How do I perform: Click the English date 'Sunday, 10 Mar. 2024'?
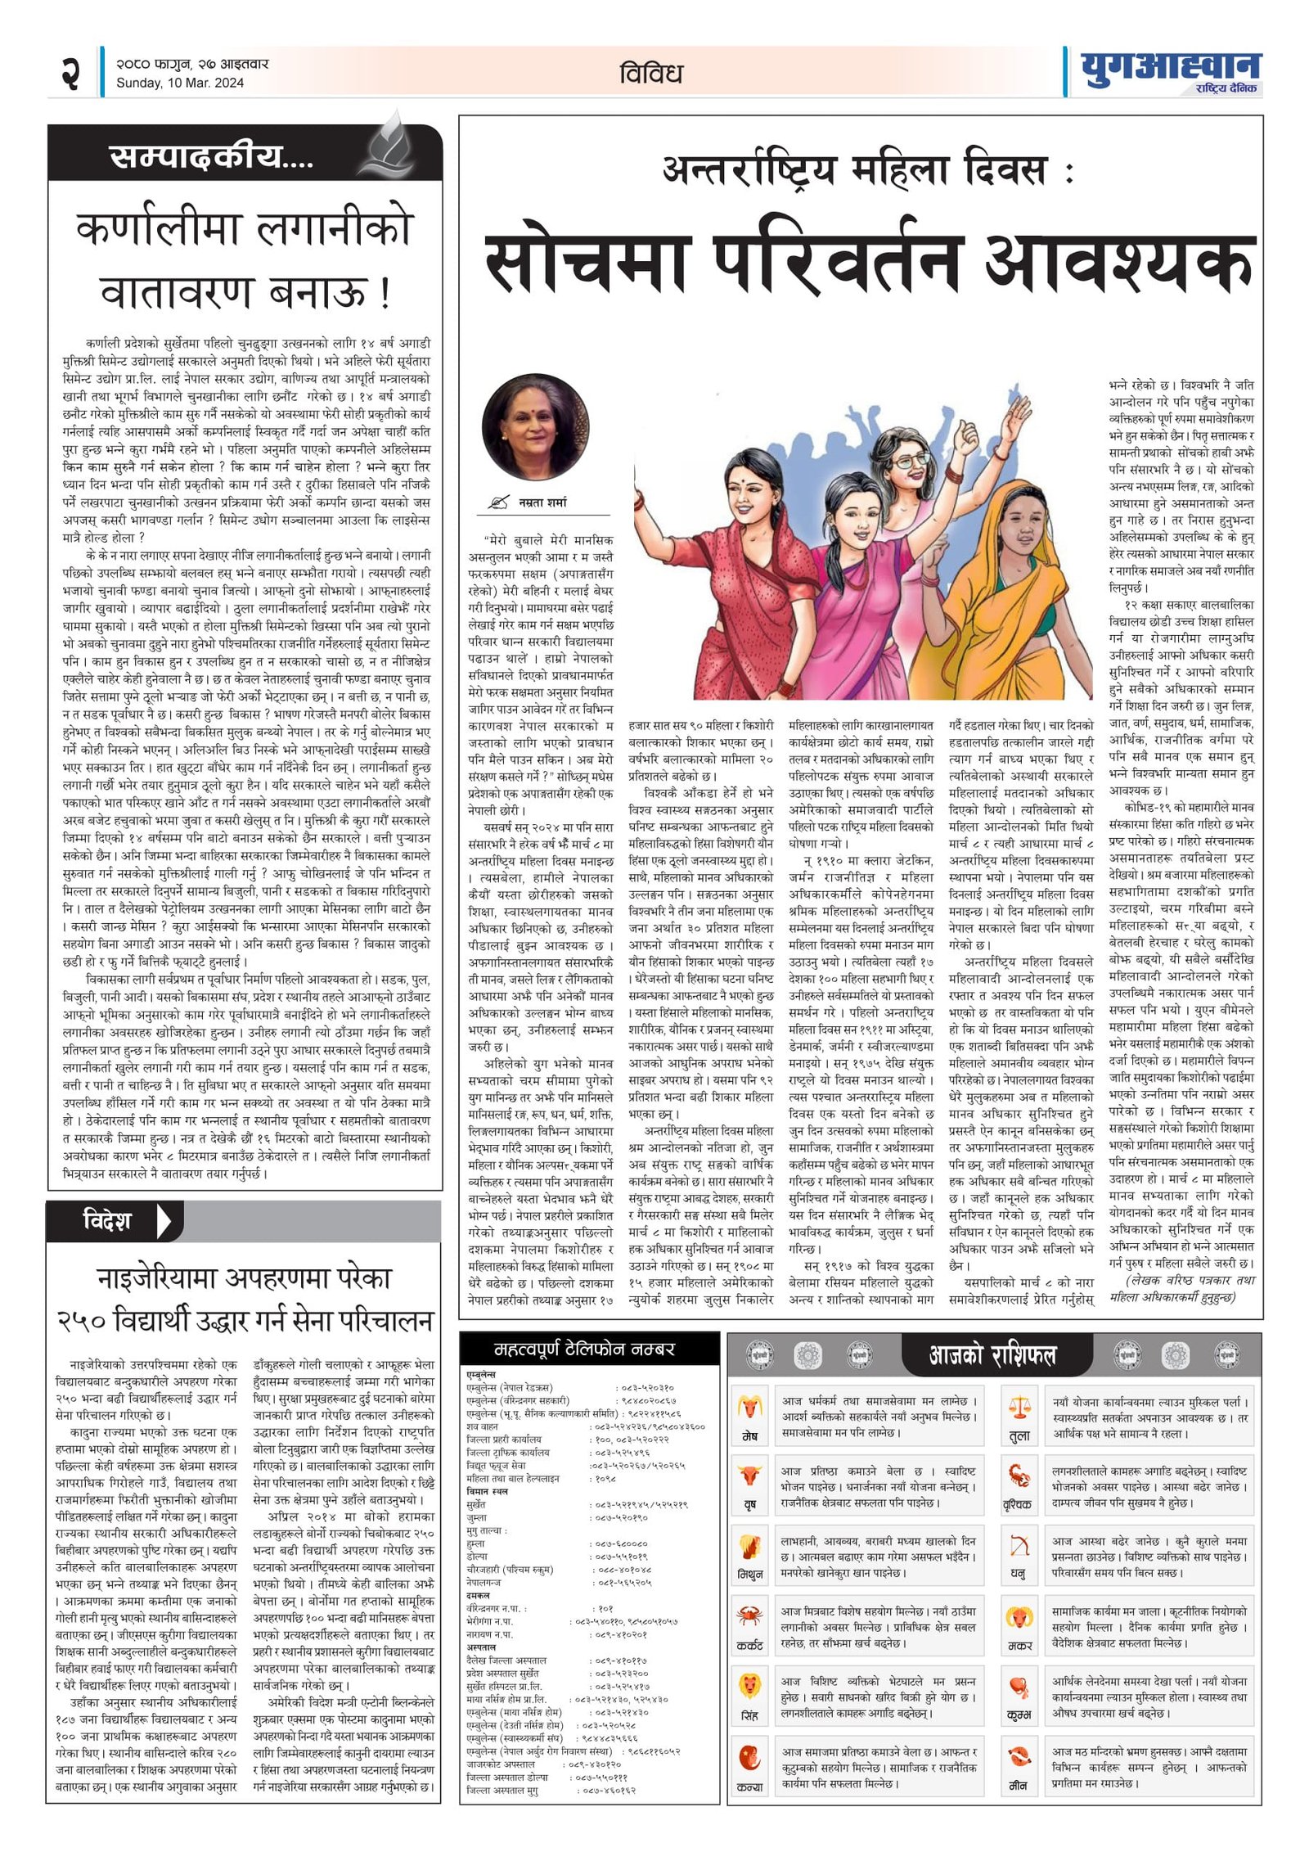[x=180, y=83]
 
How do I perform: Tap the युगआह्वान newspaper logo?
[x=1170, y=69]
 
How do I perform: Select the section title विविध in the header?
[x=650, y=74]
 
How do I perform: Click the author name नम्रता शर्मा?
[x=542, y=502]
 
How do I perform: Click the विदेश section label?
[x=106, y=1222]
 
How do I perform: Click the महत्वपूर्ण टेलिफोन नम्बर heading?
[x=585, y=1350]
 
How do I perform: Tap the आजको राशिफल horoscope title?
[x=992, y=1357]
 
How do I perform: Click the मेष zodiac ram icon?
[x=749, y=1408]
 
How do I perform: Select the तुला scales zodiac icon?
[x=1019, y=1408]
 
